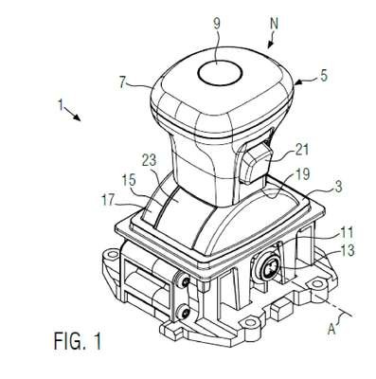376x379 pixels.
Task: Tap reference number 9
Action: point(217,24)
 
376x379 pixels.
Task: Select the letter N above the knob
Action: point(274,23)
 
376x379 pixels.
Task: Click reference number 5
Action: point(323,76)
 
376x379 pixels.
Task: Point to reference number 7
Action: point(124,82)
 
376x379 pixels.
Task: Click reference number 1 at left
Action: point(61,104)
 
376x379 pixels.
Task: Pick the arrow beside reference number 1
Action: point(72,114)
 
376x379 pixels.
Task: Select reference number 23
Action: point(149,160)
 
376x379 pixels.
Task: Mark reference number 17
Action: point(108,201)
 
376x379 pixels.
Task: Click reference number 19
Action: point(302,174)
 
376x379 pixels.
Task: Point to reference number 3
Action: point(338,187)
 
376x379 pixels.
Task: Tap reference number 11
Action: point(347,233)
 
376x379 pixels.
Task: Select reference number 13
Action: point(348,250)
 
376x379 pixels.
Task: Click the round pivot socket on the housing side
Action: point(267,267)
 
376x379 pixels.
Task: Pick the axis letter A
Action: point(332,330)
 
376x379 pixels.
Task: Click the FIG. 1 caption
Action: point(78,341)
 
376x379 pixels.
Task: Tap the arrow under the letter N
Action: point(271,42)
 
